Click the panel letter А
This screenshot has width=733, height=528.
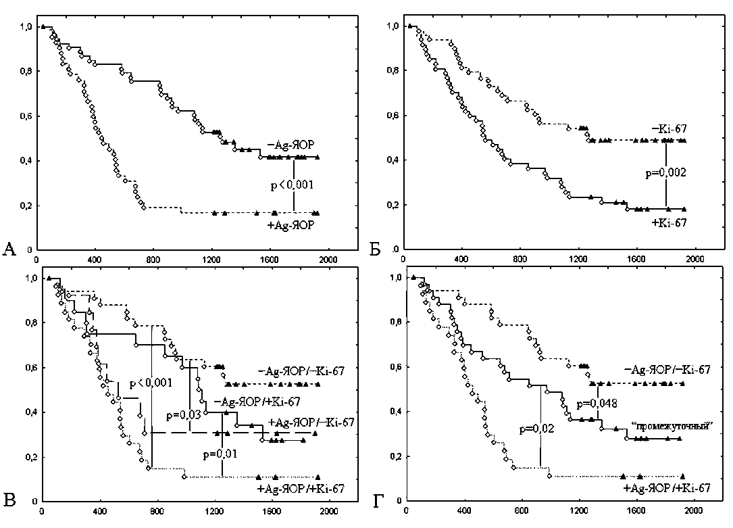(x=9, y=250)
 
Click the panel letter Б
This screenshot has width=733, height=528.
(x=376, y=250)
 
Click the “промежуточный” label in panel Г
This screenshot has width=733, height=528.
(x=668, y=426)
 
